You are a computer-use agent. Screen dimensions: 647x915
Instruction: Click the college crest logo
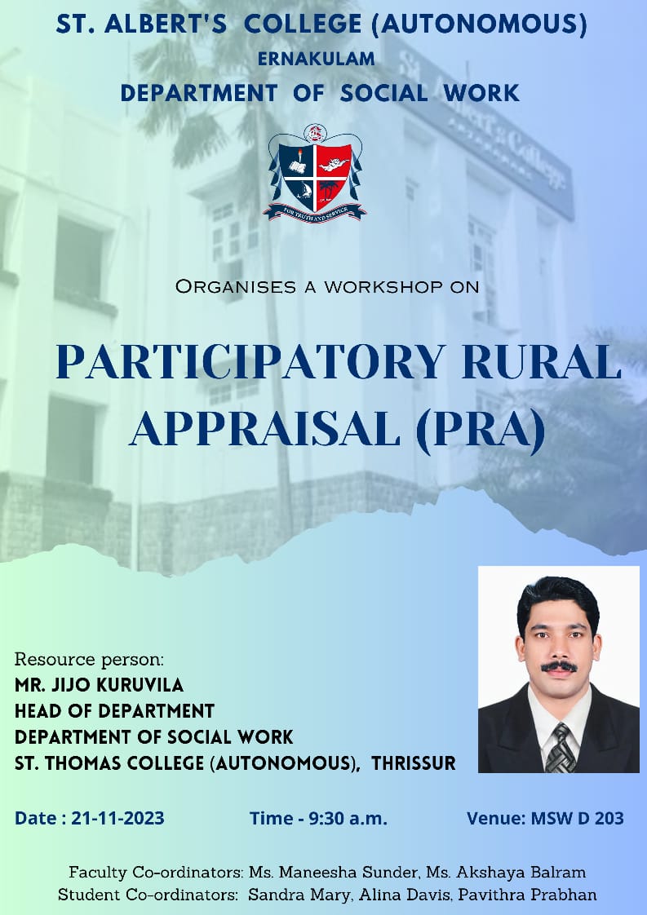coord(315,174)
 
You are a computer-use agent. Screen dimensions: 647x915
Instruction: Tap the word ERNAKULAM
coord(316,59)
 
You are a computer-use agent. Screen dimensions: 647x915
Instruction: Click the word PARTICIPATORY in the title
coord(250,362)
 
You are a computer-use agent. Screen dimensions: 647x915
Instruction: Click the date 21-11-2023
coord(118,818)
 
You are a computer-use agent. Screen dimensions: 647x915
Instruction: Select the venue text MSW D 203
coord(577,818)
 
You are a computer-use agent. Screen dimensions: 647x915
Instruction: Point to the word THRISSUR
coord(414,763)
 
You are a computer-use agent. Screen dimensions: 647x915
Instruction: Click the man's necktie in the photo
coord(560,748)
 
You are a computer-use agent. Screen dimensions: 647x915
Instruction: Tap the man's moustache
coord(559,666)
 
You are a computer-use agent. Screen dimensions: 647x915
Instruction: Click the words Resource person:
coord(90,660)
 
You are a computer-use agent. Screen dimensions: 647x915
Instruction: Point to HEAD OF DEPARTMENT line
coord(114,711)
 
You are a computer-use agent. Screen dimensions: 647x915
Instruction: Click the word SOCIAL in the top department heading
coord(383,93)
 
